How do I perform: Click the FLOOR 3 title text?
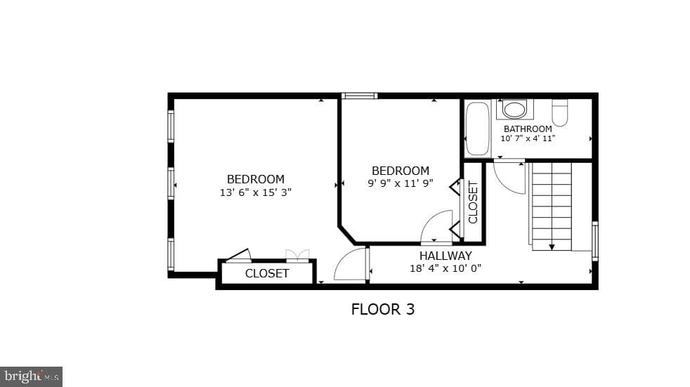[383, 310]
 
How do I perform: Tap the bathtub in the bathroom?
[478, 129]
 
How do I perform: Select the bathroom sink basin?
[514, 110]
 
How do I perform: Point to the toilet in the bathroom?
[560, 112]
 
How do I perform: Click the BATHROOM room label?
[528, 129]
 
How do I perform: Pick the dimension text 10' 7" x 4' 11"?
[528, 138]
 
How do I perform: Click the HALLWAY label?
[445, 256]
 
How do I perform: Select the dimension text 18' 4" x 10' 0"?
[445, 268]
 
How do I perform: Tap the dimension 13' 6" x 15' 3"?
[256, 192]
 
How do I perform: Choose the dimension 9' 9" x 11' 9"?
[401, 183]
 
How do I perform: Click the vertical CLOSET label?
[473, 202]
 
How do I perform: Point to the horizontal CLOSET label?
[267, 273]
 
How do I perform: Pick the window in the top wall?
[360, 96]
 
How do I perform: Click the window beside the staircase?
[595, 241]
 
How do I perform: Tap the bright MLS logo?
[31, 377]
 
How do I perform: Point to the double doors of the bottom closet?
[297, 256]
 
